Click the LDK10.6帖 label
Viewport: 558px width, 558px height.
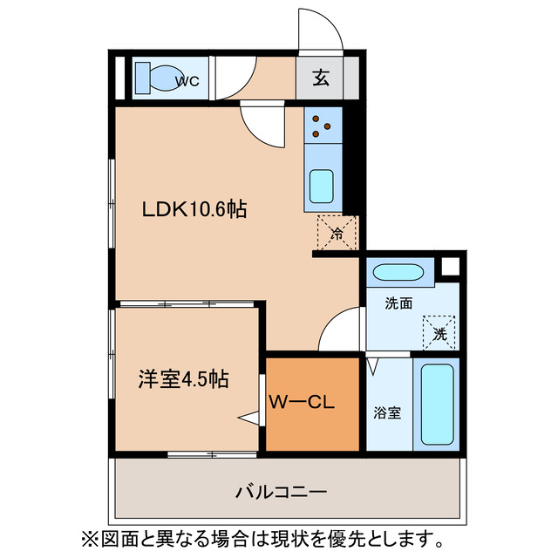194,209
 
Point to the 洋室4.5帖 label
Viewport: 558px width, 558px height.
183,379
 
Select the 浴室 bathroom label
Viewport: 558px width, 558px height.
388,413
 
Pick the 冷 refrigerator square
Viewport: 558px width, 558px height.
337,233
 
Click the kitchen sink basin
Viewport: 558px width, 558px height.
322,187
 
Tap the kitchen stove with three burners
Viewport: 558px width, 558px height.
322,126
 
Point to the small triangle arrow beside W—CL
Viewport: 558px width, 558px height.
251,420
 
